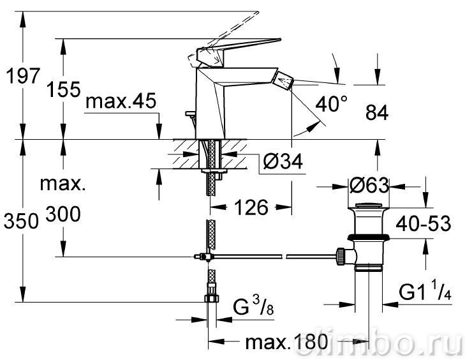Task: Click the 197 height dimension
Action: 23,76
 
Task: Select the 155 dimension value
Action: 63,89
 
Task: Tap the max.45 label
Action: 121,101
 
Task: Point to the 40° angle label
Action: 331,104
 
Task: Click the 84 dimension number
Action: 377,113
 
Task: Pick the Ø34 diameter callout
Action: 283,161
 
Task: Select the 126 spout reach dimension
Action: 251,207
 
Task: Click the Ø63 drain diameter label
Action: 369,185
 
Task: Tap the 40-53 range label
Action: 423,223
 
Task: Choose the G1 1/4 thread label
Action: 425,292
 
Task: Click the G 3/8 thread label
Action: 253,306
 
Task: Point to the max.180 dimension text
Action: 286,342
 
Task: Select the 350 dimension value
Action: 21,221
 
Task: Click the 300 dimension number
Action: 63,214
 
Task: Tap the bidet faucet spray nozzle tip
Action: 283,79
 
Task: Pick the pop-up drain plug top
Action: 369,206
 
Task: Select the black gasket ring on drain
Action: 368,237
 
